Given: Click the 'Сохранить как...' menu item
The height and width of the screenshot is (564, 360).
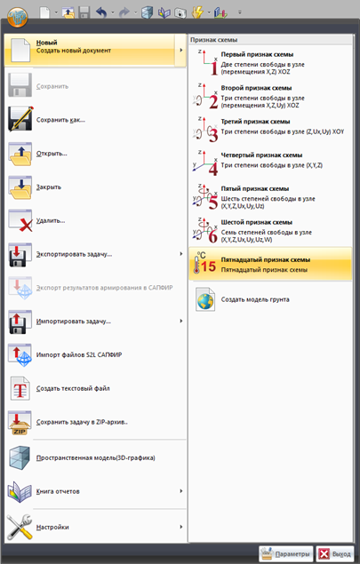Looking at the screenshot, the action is (x=60, y=120).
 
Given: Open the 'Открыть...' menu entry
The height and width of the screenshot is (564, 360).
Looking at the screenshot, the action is (x=52, y=154).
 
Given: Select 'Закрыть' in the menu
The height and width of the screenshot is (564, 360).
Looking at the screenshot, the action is (x=49, y=187).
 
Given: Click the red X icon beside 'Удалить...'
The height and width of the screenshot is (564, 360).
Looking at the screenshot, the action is (x=26, y=226).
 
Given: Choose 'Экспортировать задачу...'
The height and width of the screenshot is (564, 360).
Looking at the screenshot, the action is (x=74, y=254).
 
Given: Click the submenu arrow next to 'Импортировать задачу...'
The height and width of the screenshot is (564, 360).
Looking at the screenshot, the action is (x=181, y=321).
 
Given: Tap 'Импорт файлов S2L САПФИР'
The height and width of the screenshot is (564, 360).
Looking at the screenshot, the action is (x=79, y=354).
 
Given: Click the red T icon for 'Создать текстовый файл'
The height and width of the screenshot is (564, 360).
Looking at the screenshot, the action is (x=20, y=388).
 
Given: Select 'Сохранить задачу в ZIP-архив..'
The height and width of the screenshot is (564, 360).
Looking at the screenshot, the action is (x=82, y=422).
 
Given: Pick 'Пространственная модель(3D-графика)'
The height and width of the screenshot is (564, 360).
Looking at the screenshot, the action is (x=95, y=458).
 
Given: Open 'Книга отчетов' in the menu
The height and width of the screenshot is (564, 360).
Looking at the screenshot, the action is (x=58, y=491).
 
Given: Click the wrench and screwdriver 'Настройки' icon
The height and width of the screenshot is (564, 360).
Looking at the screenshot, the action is (x=20, y=527).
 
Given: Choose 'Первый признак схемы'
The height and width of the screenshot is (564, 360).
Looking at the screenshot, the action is (x=257, y=54).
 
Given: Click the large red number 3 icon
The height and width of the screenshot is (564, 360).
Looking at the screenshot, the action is (x=213, y=135).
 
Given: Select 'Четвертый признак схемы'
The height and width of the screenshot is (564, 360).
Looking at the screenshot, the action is (x=261, y=155).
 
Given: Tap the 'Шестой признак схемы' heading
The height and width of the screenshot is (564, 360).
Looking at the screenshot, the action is (x=256, y=222).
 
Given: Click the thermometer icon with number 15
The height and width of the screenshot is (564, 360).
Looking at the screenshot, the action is (x=204, y=263).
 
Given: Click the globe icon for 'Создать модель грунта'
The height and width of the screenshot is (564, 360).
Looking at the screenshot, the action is (x=205, y=299).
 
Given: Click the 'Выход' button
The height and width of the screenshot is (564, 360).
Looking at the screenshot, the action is (x=335, y=553).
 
